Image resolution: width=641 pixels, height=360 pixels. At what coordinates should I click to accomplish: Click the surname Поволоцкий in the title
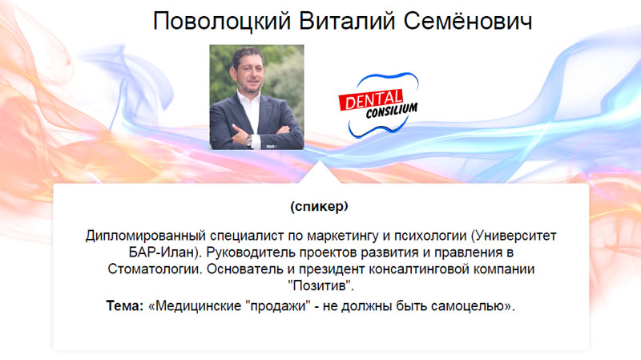tap(222, 21)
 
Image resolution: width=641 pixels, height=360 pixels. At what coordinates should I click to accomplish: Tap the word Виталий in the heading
tap(347, 21)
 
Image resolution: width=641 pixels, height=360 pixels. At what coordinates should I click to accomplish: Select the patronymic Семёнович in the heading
tap(468, 21)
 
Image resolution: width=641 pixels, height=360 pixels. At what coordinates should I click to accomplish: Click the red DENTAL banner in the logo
tap(371, 99)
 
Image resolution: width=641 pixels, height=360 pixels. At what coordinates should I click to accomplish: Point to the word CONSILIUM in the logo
tap(391, 111)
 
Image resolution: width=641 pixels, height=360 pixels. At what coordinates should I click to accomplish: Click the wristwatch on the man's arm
tap(248, 140)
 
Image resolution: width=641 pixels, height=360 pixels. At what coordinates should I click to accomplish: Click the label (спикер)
tap(319, 207)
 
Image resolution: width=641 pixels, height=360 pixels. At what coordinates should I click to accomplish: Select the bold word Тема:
tap(125, 305)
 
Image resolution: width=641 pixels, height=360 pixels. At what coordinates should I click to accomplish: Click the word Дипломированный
tap(146, 236)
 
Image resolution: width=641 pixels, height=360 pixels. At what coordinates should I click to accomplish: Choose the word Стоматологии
tap(155, 269)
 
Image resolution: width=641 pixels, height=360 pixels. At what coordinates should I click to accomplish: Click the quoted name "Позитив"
tap(321, 285)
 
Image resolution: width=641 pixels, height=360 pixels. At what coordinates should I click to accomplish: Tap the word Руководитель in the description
tap(251, 253)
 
